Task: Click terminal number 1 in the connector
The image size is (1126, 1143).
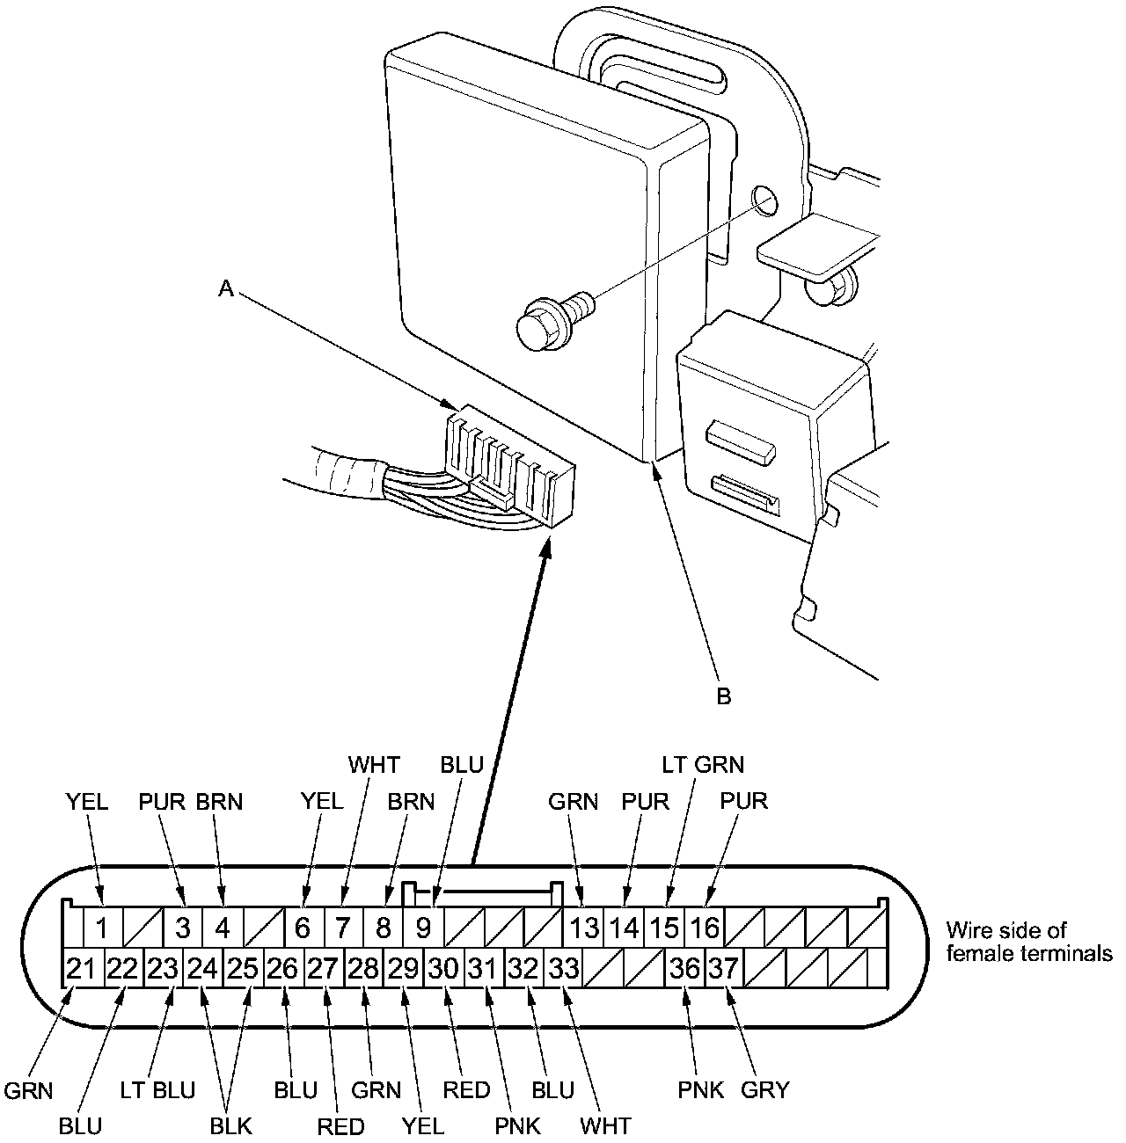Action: tap(102, 928)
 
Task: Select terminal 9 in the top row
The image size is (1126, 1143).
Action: tap(424, 928)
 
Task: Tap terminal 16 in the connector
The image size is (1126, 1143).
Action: tap(704, 928)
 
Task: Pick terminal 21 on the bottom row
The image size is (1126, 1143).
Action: tap(81, 969)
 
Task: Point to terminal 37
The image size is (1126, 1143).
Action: tap(724, 969)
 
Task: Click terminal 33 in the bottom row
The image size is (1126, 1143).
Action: tap(564, 969)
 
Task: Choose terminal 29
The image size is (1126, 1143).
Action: tap(404, 969)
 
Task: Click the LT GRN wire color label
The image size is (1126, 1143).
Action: tap(703, 765)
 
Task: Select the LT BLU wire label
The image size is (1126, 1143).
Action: tap(157, 1090)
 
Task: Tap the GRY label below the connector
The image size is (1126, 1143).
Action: tap(765, 1090)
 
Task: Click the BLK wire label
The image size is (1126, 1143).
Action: tap(231, 1126)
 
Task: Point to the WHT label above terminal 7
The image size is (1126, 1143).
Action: tap(373, 765)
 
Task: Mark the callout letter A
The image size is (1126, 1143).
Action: tap(226, 288)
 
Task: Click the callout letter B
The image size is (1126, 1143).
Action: tap(723, 696)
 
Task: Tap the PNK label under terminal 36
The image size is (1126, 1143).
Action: tap(700, 1090)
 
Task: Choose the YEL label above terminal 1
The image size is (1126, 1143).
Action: tap(87, 801)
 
